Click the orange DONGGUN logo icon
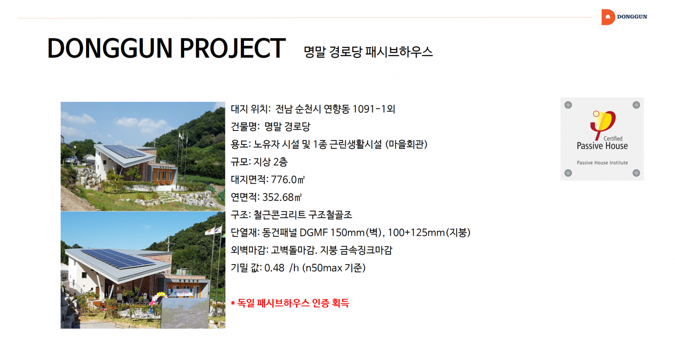(x=608, y=17)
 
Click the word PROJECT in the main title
(x=232, y=48)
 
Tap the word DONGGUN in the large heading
(x=110, y=48)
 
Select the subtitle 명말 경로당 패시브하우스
(x=368, y=52)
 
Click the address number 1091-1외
(x=373, y=109)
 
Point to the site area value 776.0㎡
(x=288, y=180)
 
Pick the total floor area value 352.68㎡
(x=282, y=197)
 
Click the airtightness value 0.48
(x=274, y=268)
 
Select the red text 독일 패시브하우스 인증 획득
(x=293, y=303)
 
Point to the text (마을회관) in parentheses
(x=406, y=144)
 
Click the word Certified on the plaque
(x=612, y=139)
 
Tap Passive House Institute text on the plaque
(x=602, y=163)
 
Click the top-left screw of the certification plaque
(x=568, y=105)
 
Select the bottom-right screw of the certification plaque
(x=636, y=173)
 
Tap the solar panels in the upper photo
(x=125, y=151)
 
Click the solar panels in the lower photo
(x=117, y=258)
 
